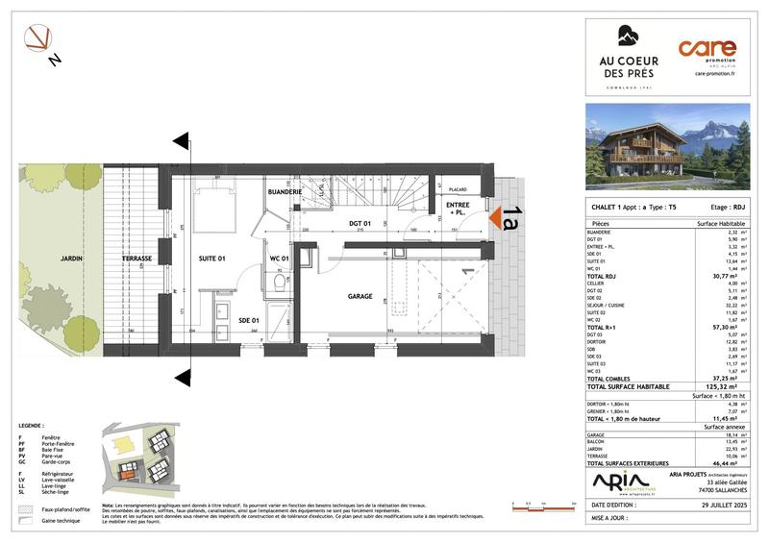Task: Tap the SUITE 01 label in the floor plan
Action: (212, 258)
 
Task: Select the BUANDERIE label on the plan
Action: (285, 192)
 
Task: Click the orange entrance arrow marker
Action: (497, 221)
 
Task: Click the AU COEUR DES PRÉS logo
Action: (627, 60)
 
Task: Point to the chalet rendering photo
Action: (669, 147)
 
